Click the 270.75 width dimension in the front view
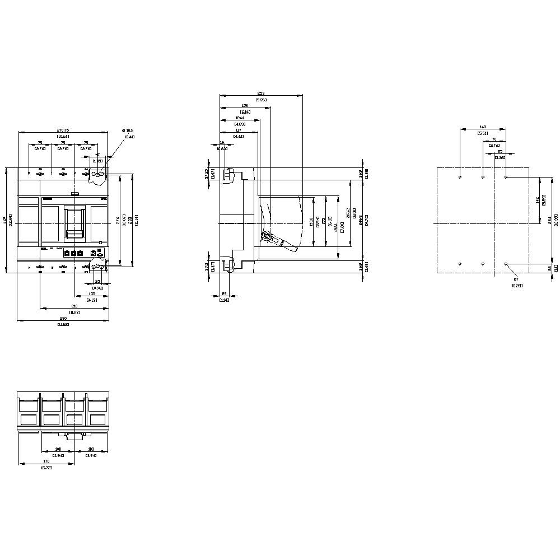tap(62, 129)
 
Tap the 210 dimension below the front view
tap(74, 306)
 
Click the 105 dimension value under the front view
tap(92, 293)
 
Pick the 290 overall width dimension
tap(63, 318)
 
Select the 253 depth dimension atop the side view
tap(261, 93)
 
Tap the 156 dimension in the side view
tap(245, 106)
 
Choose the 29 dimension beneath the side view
tap(225, 293)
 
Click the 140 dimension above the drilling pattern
tap(482, 127)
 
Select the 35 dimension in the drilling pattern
tap(500, 151)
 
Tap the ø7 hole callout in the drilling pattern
tap(516, 279)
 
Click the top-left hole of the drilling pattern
tap(459, 177)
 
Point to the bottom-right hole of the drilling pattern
tap(506, 263)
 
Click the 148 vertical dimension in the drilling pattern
tap(537, 199)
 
